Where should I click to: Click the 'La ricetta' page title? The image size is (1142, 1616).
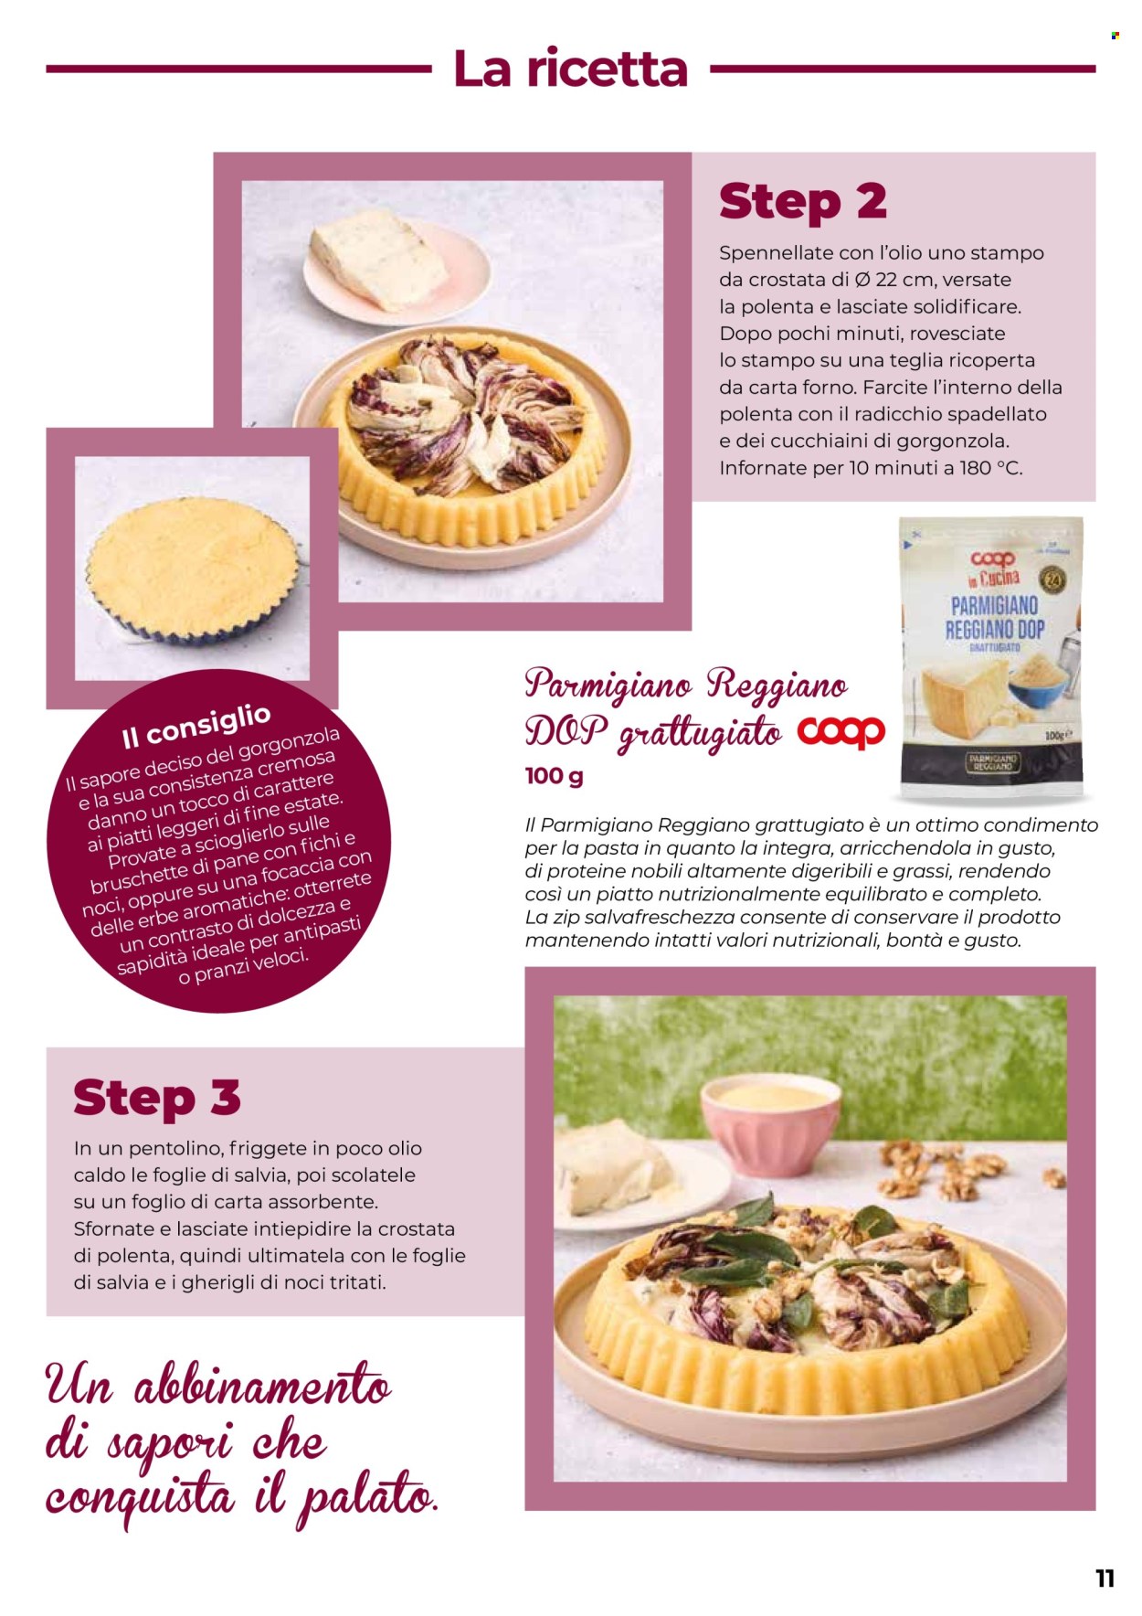570,69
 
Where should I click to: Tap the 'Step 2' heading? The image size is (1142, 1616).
802,202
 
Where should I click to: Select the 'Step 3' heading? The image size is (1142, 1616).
157,1097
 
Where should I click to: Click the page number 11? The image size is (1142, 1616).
1105,1579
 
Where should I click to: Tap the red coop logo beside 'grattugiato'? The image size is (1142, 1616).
841,731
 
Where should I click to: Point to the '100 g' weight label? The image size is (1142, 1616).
554,776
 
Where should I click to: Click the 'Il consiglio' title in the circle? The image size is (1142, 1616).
196,726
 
